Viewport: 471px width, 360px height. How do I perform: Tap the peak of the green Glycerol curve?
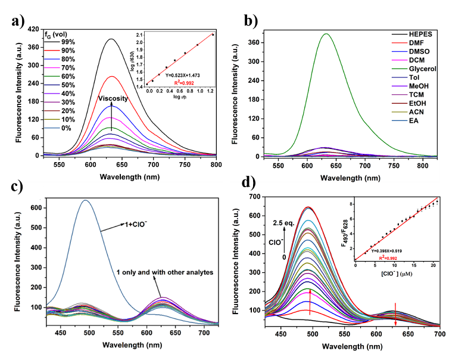(x=326, y=34)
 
